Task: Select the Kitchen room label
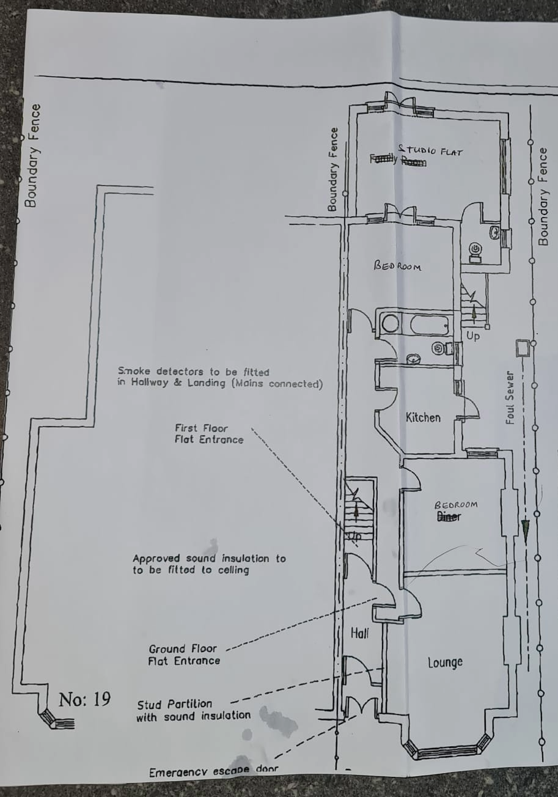pyautogui.click(x=423, y=418)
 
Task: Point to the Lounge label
pyautogui.click(x=445, y=663)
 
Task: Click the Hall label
pyautogui.click(x=360, y=634)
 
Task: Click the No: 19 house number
pyautogui.click(x=84, y=699)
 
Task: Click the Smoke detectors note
pyautogui.click(x=220, y=378)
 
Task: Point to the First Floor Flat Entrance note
pyautogui.click(x=208, y=434)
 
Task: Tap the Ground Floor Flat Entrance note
pyautogui.click(x=184, y=655)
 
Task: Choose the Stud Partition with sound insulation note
pyautogui.click(x=193, y=710)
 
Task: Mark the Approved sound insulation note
pyautogui.click(x=209, y=564)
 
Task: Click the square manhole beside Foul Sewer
pyautogui.click(x=523, y=348)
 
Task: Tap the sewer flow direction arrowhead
pyautogui.click(x=525, y=529)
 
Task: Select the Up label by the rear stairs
pyautogui.click(x=473, y=336)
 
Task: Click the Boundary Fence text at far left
pyautogui.click(x=32, y=156)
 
